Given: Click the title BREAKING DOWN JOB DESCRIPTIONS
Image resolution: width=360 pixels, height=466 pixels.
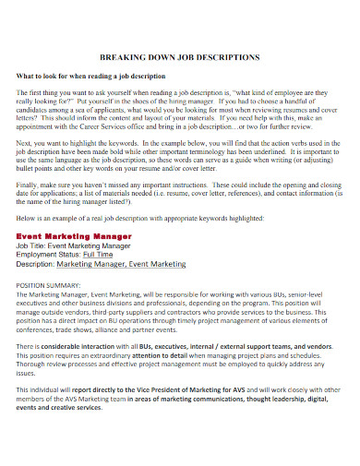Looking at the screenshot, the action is pos(179,57).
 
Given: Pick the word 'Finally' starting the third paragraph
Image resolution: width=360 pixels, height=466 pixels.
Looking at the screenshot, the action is pos(30,184).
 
